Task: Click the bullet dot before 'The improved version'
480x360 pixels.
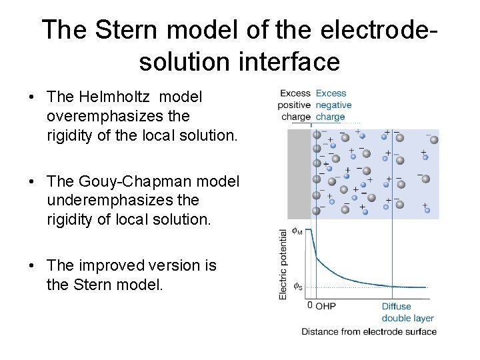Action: (33, 266)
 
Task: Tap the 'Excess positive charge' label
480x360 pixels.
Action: (295, 105)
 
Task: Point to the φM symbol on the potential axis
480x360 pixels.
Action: (297, 232)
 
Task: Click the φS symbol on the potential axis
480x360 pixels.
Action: (298, 287)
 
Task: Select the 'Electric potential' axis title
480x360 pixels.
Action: (283, 263)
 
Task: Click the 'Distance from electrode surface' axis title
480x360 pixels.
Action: (369, 331)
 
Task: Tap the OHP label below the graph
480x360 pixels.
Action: (325, 307)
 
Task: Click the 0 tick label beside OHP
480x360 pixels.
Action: (309, 305)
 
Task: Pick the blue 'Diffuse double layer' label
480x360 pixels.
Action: (407, 313)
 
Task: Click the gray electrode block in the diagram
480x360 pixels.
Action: (299, 174)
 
